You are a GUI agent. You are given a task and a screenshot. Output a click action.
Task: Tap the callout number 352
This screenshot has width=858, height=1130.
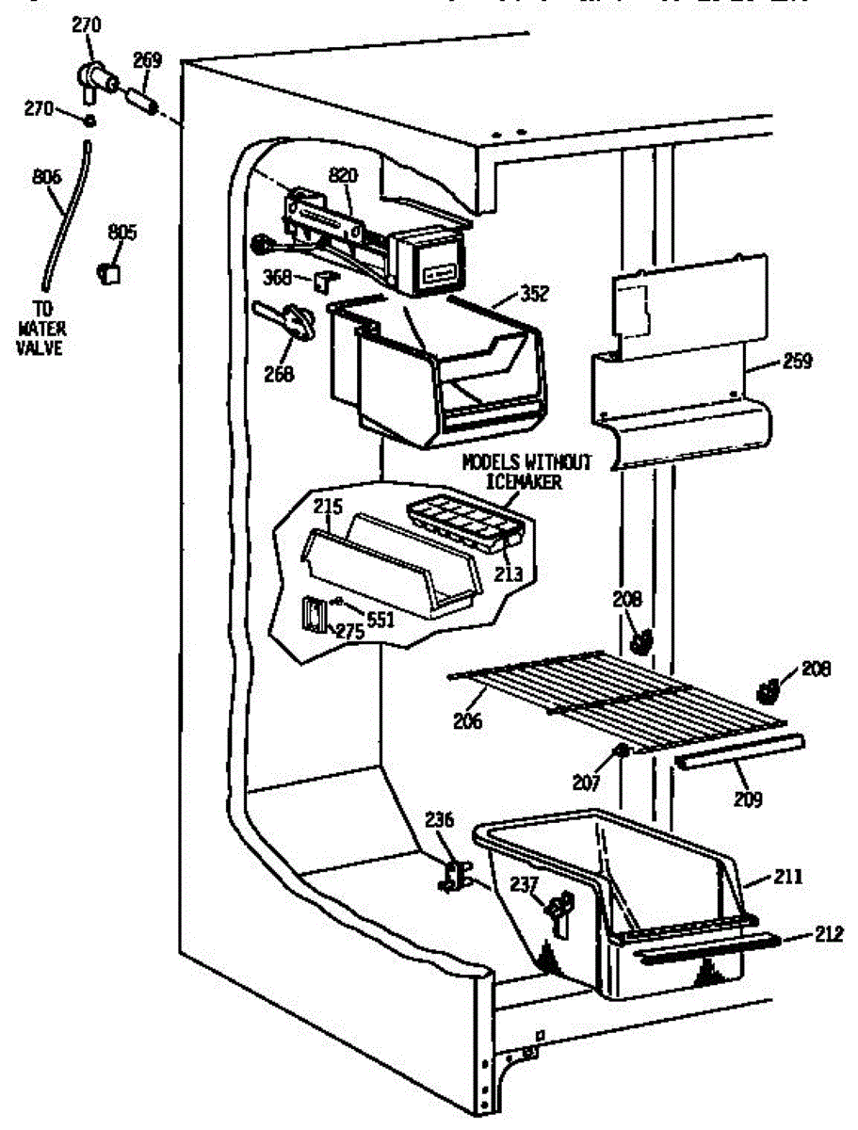533,294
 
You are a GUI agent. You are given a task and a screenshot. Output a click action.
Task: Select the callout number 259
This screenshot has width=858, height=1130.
796,361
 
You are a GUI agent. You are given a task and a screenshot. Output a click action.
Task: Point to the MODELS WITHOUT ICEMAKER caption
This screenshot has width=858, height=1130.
526,471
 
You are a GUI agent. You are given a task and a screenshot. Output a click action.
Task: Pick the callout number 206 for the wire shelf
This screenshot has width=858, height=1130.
467,721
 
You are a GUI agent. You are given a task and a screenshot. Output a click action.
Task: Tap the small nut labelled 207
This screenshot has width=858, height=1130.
622,751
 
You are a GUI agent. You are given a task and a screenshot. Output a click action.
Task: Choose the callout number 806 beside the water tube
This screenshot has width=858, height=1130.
46,175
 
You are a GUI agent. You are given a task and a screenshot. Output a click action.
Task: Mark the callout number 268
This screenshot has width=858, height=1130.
280,373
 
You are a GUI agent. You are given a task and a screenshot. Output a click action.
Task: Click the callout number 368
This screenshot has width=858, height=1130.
275,276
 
